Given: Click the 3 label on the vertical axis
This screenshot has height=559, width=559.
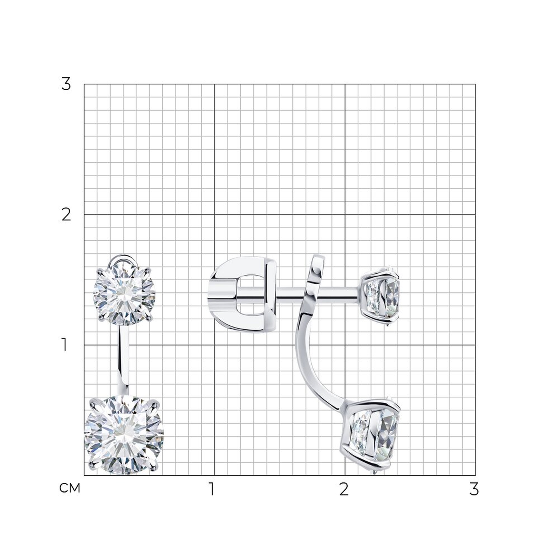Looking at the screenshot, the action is (x=66, y=84).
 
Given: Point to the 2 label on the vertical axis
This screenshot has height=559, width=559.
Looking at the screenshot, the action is (x=66, y=215).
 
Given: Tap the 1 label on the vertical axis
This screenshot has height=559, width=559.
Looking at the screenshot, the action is (x=65, y=345).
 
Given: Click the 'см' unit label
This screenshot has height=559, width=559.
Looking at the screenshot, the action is (x=69, y=488).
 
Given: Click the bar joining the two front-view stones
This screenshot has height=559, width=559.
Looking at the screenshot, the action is (x=124, y=360).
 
